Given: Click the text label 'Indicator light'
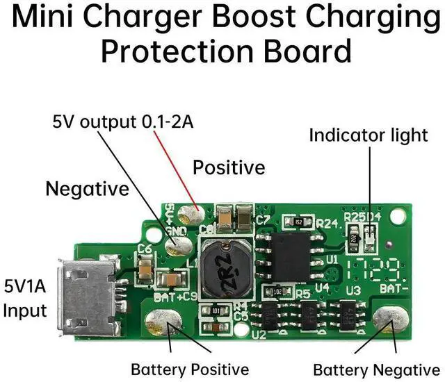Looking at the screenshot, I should tap(369, 135).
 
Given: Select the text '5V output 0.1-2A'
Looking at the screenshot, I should tap(123, 123).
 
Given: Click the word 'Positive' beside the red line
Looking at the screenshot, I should tap(229, 167).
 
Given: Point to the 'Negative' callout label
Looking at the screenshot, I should tap(87, 188).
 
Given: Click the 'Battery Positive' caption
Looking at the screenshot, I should tap(190, 369).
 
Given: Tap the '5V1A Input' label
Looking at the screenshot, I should tap(26, 298).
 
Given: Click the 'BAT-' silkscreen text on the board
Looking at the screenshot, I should tap(390, 287).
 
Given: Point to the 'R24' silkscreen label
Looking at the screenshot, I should tap(327, 224).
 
